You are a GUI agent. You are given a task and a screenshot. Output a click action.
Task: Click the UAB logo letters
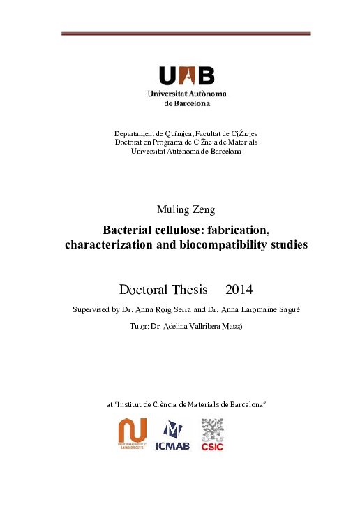tap(187, 75)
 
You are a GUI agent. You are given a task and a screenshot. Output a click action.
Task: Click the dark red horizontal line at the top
tap(186, 34)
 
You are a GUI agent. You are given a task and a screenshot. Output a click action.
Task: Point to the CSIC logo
tap(212, 435)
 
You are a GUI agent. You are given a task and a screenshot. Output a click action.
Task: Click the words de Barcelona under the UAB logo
tap(186, 103)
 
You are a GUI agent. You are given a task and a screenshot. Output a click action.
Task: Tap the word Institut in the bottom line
tap(133, 404)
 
